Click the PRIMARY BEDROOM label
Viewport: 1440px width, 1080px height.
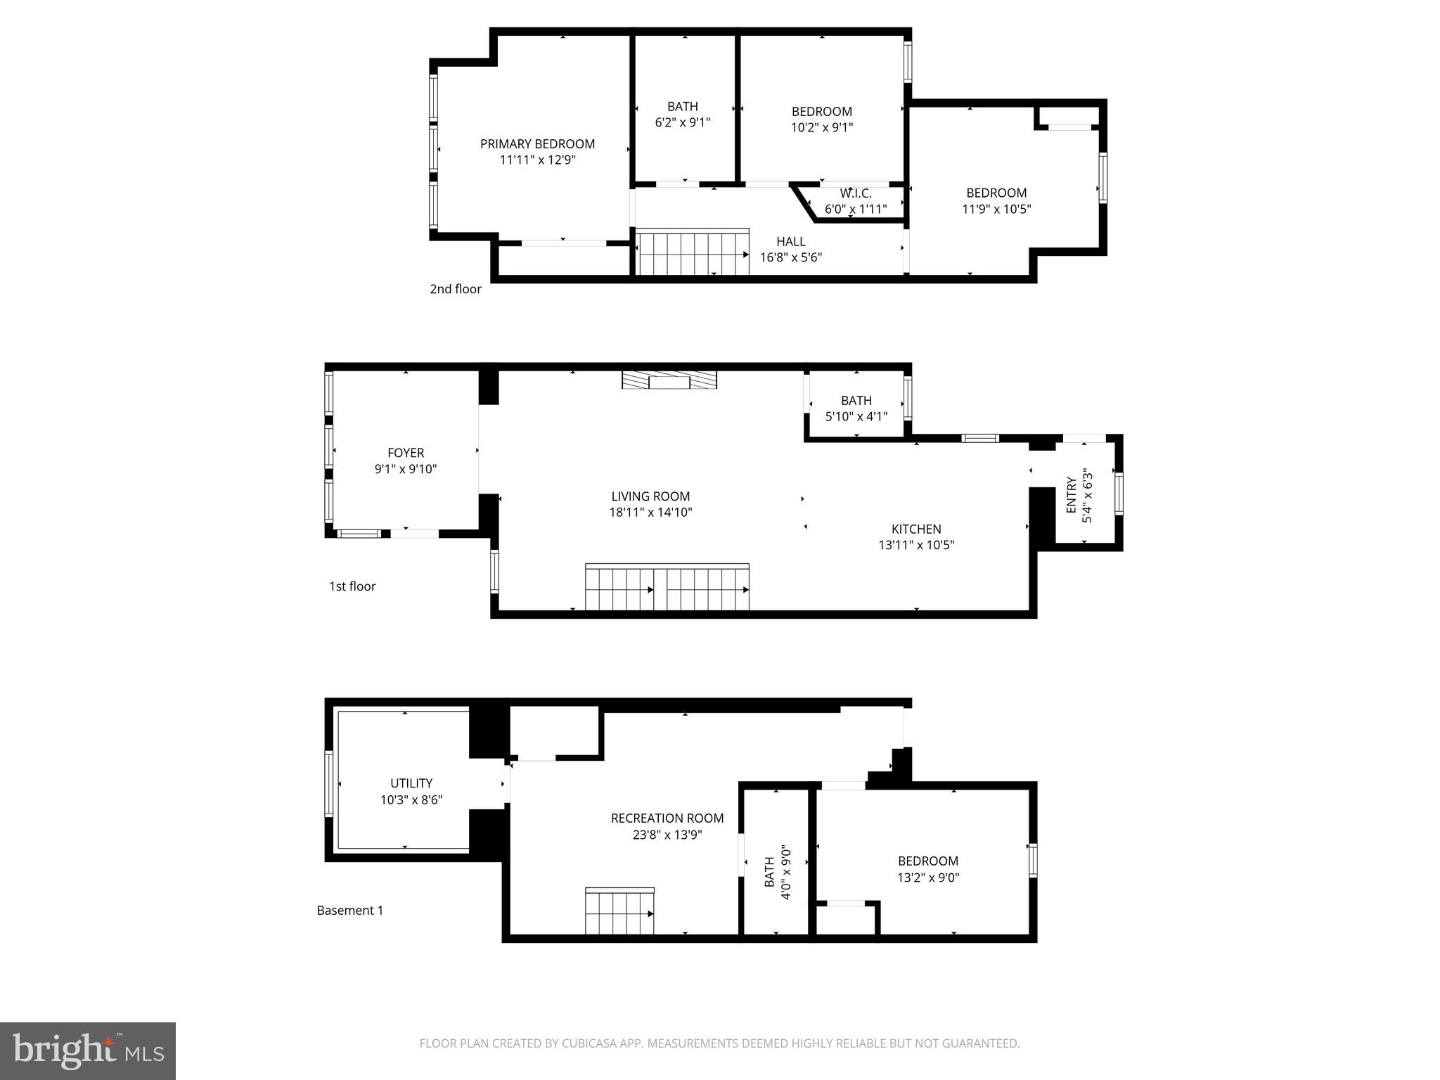(537, 144)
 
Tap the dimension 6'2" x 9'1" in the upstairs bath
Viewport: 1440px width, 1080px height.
(682, 122)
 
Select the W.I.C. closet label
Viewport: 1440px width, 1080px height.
(855, 193)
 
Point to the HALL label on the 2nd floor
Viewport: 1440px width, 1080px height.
(790, 242)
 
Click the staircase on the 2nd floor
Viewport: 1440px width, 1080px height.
(693, 254)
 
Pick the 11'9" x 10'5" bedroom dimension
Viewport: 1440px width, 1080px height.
(996, 209)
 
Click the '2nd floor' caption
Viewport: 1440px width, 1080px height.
(456, 289)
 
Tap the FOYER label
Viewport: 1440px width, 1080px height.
(406, 453)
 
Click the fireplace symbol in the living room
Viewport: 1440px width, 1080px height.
(669, 380)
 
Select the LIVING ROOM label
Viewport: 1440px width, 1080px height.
(650, 496)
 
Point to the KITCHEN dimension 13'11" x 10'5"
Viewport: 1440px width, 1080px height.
(916, 545)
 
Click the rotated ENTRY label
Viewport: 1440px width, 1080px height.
(1071, 495)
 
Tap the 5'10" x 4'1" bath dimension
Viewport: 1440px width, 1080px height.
(856, 416)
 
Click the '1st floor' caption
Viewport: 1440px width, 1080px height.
(352, 586)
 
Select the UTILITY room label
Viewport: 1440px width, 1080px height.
(411, 783)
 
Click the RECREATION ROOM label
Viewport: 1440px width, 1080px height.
(667, 818)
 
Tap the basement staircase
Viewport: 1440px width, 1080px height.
(619, 912)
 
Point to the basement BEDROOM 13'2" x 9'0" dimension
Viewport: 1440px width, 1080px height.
(927, 877)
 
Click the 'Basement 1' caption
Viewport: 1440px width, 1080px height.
(350, 911)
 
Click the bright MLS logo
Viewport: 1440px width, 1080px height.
(88, 1052)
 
